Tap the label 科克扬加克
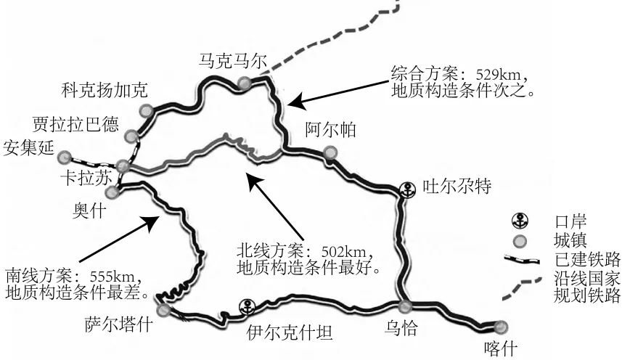click(x=105, y=90)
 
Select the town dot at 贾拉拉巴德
click(x=131, y=136)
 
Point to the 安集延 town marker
click(x=65, y=157)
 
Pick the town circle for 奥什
click(x=112, y=192)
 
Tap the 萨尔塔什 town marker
click(x=164, y=311)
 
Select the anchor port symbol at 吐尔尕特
click(x=409, y=189)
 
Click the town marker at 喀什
click(x=500, y=326)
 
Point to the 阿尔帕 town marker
click(x=331, y=152)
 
